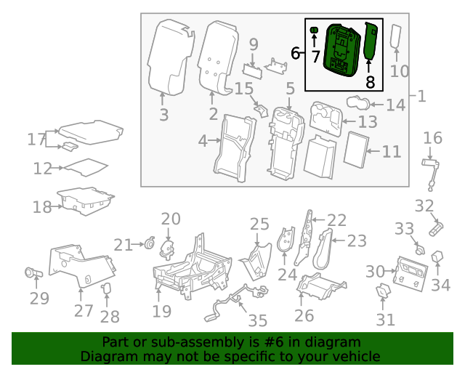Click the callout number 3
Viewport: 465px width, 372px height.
click(x=163, y=114)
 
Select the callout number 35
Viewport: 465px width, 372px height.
click(x=258, y=320)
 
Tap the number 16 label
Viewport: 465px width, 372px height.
click(x=432, y=138)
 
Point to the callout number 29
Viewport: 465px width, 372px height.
click(x=39, y=298)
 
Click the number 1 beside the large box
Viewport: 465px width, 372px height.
click(x=421, y=96)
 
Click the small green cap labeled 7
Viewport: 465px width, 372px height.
click(x=315, y=30)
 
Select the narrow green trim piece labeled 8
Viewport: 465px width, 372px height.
click(x=369, y=42)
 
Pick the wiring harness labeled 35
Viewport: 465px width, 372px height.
click(x=232, y=298)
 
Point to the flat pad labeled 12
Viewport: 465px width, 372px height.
click(x=85, y=169)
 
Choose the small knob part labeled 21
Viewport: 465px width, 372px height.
click(x=150, y=244)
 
